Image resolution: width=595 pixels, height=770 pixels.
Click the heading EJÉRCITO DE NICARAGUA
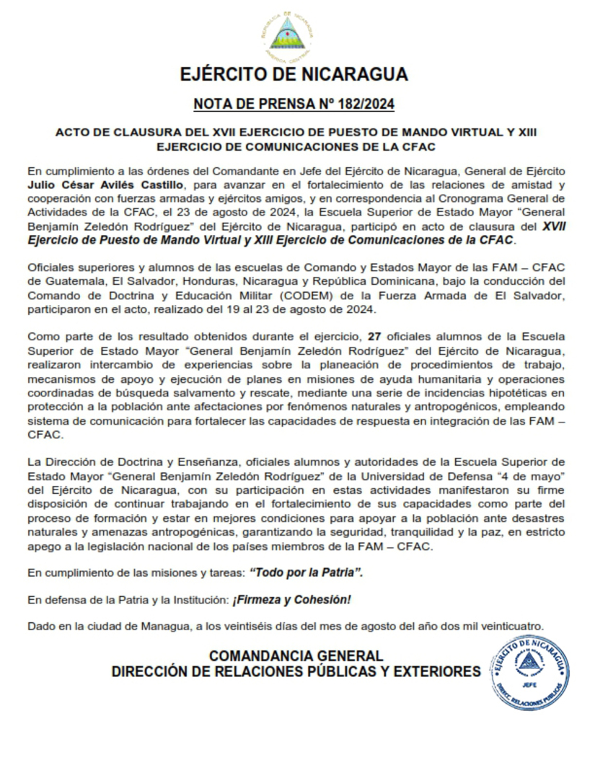pos(294,75)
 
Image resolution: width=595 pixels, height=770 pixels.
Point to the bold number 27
pos(374,336)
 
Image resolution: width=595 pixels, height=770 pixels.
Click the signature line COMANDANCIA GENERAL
pos(296,656)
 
